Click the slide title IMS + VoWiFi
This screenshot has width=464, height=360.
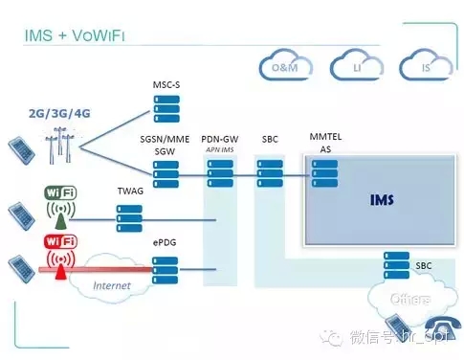(x=75, y=37)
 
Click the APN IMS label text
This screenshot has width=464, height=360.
(x=219, y=150)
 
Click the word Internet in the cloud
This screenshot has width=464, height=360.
(x=111, y=284)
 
